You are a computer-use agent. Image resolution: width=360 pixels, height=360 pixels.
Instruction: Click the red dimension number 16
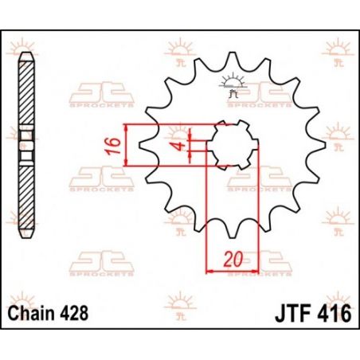pyautogui.click(x=113, y=146)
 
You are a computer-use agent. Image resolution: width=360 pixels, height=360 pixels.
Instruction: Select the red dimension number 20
pyautogui.click(x=233, y=259)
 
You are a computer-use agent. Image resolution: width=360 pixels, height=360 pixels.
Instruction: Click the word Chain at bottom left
pyautogui.click(x=30, y=313)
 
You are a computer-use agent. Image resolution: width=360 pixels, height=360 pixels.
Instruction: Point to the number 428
pyautogui.click(x=74, y=313)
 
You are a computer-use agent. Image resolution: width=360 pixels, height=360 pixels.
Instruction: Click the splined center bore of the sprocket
pyautogui.click(x=233, y=145)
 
